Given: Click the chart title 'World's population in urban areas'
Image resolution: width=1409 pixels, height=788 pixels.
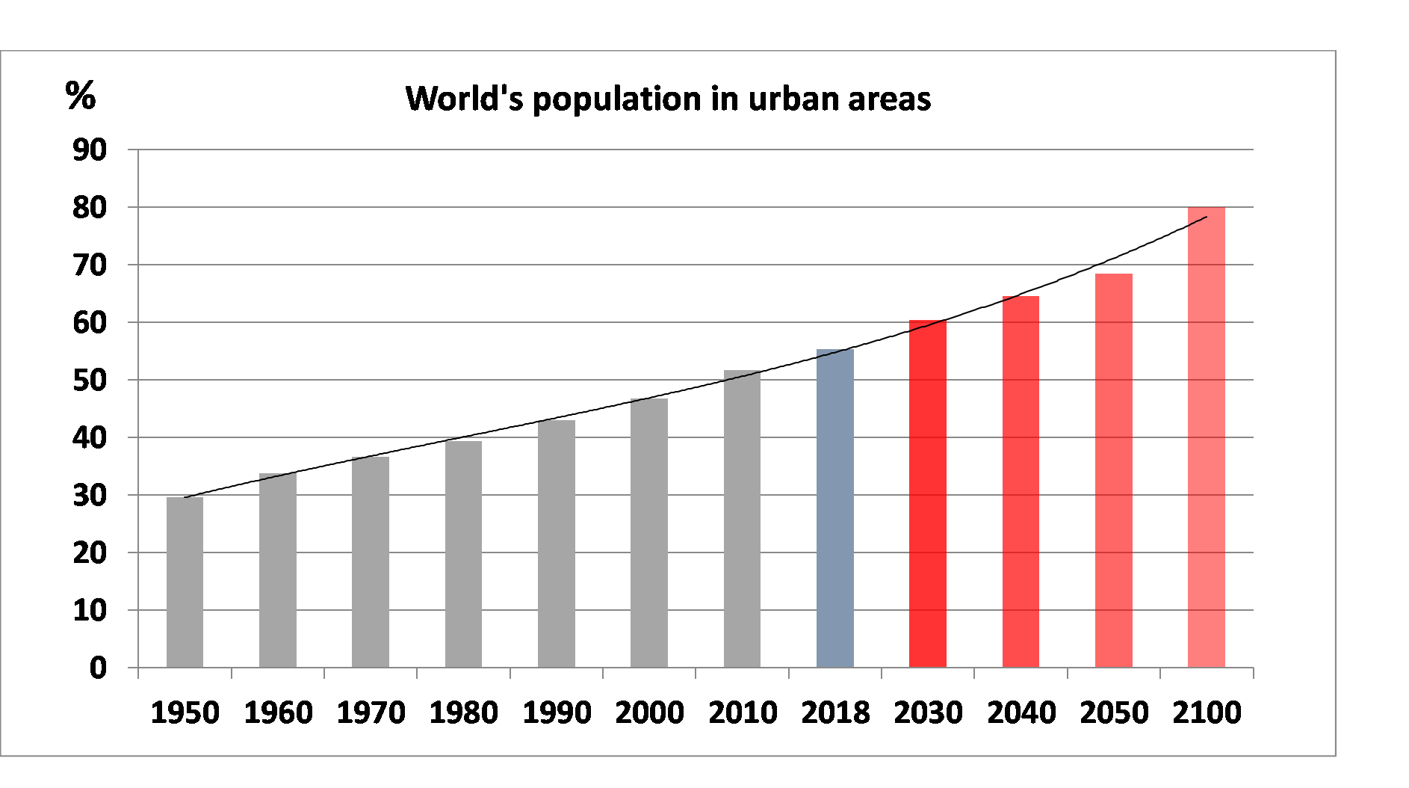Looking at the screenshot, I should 668,99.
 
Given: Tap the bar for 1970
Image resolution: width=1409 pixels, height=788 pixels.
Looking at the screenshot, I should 371,561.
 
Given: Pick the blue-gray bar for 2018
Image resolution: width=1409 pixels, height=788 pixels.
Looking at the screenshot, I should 834,508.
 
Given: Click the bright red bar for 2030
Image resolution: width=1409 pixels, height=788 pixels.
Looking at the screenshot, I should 928,493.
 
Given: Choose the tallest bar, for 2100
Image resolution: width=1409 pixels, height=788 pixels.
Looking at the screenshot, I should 1206,437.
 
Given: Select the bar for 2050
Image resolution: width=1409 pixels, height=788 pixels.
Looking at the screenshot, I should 1113,470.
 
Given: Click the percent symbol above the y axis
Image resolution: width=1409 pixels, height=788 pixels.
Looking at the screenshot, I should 81,96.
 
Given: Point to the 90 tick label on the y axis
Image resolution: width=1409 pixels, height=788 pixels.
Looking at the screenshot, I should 90,150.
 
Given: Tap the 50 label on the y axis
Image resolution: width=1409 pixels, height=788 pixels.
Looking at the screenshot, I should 90,381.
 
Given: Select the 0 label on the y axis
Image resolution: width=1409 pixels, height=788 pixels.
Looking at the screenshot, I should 98,668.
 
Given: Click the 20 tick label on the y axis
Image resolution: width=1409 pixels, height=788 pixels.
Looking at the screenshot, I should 90,553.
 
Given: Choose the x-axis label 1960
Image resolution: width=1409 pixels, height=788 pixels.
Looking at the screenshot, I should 278,712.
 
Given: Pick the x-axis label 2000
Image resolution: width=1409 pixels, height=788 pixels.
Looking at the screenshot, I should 649,712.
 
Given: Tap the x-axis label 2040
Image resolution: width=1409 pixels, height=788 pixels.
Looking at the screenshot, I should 1021,712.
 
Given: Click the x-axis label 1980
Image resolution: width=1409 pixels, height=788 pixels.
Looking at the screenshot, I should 463,712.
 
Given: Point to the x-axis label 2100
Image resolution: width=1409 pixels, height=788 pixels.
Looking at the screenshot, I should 1207,712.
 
